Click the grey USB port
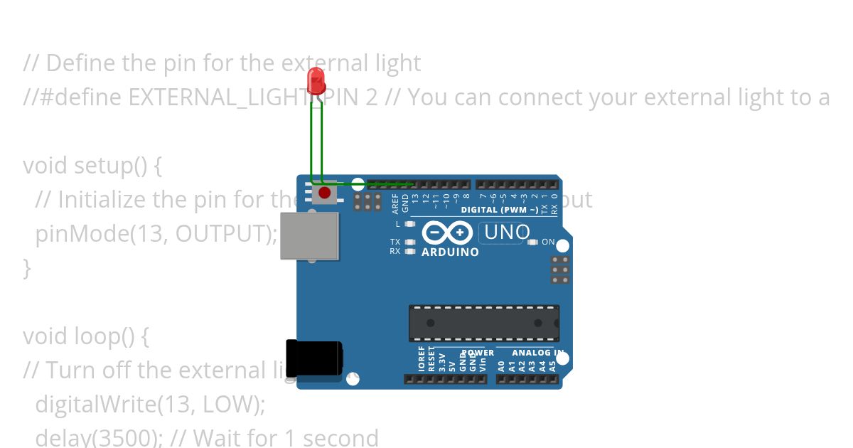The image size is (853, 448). [x=310, y=235]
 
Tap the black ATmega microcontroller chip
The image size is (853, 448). [x=483, y=323]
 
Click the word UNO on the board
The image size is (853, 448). [x=507, y=233]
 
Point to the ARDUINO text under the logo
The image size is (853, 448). [x=450, y=252]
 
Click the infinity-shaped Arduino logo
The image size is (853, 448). [x=447, y=233]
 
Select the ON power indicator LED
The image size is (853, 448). [x=533, y=242]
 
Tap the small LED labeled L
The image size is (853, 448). [x=409, y=224]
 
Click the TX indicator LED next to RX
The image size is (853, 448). [x=410, y=242]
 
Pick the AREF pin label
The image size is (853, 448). [x=396, y=203]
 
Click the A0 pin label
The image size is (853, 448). [x=501, y=366]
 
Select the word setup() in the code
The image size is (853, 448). [x=111, y=166]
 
